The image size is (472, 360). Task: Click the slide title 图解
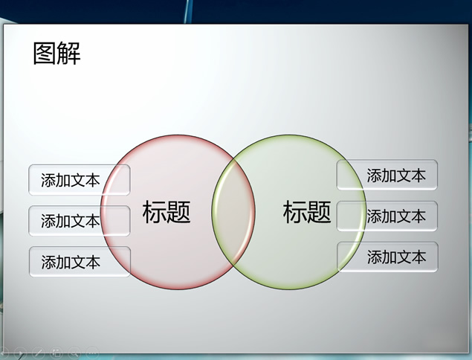pos(57,54)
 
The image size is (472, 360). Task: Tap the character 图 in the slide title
pos(45,54)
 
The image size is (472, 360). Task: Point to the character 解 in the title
pos(69,54)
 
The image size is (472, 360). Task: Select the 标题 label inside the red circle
pos(167,212)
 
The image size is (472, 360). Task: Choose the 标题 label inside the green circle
pos(307,212)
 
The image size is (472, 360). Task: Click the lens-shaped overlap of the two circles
pos(233,212)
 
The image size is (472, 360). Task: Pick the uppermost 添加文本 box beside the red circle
pos(80,180)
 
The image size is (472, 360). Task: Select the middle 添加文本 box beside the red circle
pos(80,221)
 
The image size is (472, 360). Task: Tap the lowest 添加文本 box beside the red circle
pos(80,262)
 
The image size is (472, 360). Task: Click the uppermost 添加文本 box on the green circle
pos(387,175)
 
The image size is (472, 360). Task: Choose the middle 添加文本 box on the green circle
pos(387,216)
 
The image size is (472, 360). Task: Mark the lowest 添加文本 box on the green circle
pos(387,257)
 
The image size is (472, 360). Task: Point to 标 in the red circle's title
pos(154,212)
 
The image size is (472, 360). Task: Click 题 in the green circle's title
pos(319,212)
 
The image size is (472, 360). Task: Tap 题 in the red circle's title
pos(179,212)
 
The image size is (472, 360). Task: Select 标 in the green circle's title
pos(294,212)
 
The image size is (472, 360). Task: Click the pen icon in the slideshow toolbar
pos(39,353)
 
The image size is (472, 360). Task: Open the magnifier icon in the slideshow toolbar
pos(74,353)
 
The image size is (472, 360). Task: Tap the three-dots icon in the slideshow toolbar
pos(92,353)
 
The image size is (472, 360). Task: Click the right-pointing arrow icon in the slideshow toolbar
pos(20,353)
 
